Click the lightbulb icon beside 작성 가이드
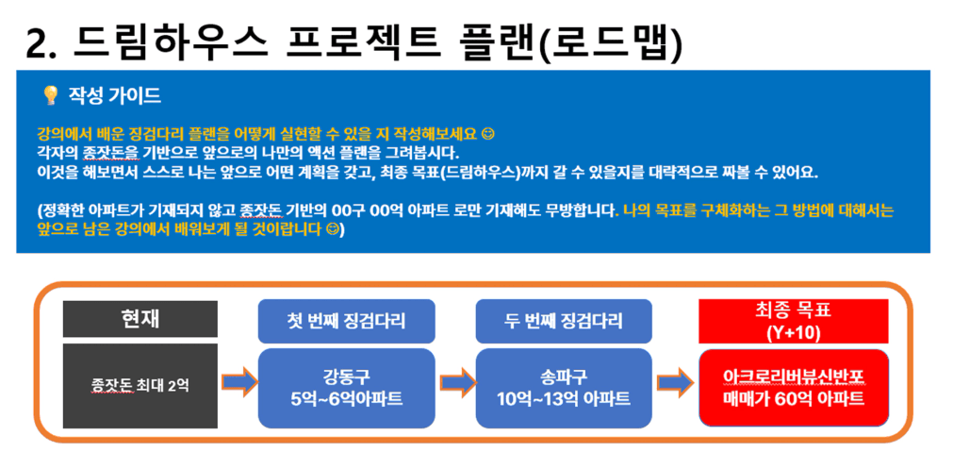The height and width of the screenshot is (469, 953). (50, 95)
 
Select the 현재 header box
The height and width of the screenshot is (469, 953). (140, 319)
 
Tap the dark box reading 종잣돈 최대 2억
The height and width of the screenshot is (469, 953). (140, 386)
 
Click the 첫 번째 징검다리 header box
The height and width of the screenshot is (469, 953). (347, 321)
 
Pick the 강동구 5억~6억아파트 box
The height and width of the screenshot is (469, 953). (347, 388)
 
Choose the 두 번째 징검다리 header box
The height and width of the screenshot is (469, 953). (564, 321)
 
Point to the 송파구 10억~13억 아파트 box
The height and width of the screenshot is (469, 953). (564, 388)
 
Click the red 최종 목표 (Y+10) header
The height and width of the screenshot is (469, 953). (794, 321)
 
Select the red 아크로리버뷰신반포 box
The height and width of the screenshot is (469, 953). (794, 388)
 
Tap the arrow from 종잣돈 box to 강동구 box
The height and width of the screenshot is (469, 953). (238, 382)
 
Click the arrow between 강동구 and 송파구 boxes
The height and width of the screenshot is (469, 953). (456, 382)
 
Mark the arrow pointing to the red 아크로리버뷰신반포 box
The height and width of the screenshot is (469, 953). (674, 382)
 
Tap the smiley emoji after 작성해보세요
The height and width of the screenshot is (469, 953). (486, 133)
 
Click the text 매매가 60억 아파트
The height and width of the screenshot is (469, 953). (794, 399)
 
